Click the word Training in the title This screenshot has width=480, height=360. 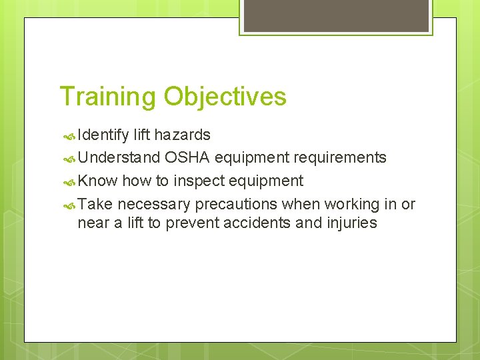[x=109, y=97]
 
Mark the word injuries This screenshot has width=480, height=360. [x=352, y=223]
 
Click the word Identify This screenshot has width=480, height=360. [x=103, y=135]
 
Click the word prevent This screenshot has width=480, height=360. [x=194, y=223]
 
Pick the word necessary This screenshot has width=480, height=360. [x=154, y=204]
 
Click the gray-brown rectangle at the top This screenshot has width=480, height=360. [x=336, y=15]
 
